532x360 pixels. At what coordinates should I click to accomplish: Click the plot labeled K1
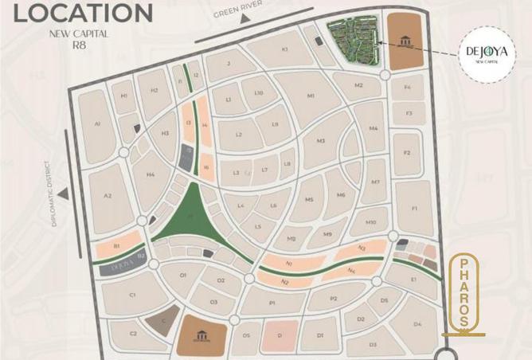click(284, 50)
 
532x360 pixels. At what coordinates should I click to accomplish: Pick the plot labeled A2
click(108, 196)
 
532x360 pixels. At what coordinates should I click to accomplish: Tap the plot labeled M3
click(320, 142)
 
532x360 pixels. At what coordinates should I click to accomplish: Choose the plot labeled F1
click(414, 209)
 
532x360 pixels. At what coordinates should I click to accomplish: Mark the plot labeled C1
click(132, 295)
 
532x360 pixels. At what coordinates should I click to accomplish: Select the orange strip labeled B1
click(116, 246)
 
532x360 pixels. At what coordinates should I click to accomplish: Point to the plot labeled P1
click(272, 303)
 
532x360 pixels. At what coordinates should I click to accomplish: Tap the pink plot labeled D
click(280, 335)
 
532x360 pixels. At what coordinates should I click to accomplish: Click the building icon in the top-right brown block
click(406, 41)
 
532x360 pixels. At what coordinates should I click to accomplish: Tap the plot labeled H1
click(123, 96)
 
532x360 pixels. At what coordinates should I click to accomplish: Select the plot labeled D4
click(417, 323)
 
